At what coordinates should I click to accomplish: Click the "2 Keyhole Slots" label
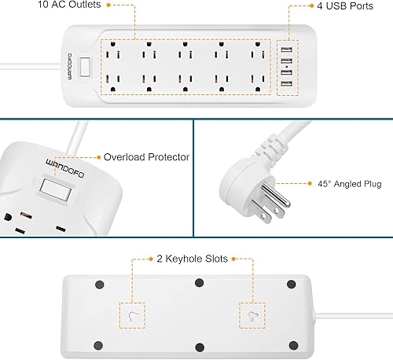[x=190, y=259]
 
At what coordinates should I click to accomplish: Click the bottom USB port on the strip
[x=285, y=84]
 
